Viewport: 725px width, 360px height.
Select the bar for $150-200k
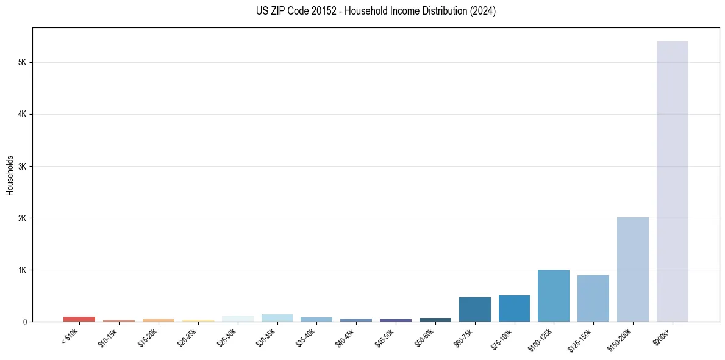pyautogui.click(x=632, y=269)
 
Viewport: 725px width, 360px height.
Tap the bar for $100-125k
pyautogui.click(x=553, y=295)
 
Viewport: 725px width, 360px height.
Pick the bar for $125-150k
pyautogui.click(x=593, y=298)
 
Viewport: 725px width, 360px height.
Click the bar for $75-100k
pyautogui.click(x=514, y=308)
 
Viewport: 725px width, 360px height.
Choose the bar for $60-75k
pyautogui.click(x=474, y=309)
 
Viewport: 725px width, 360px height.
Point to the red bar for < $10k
pyautogui.click(x=79, y=319)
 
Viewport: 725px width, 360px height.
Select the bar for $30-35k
pyautogui.click(x=277, y=318)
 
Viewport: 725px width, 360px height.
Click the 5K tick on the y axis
pyautogui.click(x=22, y=62)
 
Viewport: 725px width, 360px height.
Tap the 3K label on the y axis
pyautogui.click(x=22, y=166)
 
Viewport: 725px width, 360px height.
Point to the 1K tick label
pyautogui.click(x=22, y=270)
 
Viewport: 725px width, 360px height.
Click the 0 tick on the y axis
pyautogui.click(x=24, y=322)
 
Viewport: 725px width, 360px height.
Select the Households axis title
pyautogui.click(x=10, y=175)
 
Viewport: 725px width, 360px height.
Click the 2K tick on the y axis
pyautogui.click(x=22, y=218)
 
